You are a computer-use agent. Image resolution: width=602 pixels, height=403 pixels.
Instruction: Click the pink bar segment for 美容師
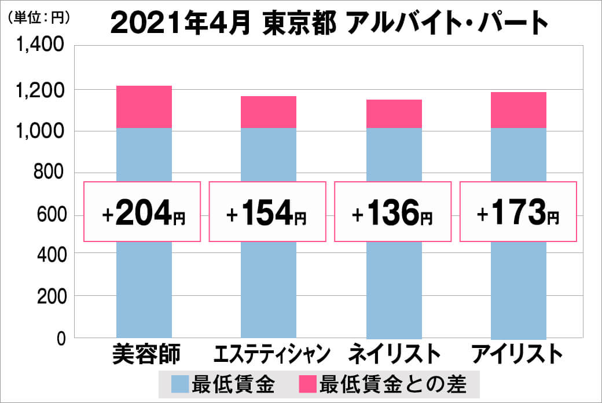(x=144, y=107)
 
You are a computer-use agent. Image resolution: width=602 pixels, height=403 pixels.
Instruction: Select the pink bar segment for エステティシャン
(x=269, y=112)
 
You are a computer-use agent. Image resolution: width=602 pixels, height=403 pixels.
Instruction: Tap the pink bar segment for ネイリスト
(x=394, y=113)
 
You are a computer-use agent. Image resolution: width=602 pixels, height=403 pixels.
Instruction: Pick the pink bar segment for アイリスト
(x=519, y=110)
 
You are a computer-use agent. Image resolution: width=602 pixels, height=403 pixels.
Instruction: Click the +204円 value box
(x=143, y=212)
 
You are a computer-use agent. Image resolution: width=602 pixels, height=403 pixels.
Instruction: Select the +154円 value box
(x=267, y=212)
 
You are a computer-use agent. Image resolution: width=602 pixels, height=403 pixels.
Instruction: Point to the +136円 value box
(x=392, y=212)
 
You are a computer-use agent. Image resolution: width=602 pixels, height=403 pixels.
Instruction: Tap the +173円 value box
(x=519, y=212)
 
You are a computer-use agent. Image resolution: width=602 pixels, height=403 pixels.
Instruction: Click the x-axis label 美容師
(x=146, y=354)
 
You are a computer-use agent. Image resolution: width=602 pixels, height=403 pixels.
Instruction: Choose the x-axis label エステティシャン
(x=272, y=354)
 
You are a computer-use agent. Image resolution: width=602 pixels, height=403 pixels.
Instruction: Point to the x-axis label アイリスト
(x=517, y=354)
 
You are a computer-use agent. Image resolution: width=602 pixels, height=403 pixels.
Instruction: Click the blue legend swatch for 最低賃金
(x=180, y=384)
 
